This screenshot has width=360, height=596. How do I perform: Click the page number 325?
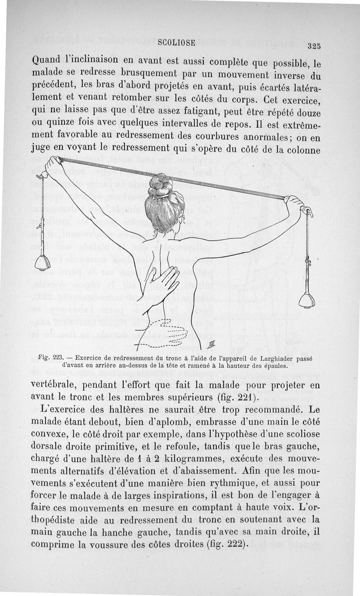coord(314,46)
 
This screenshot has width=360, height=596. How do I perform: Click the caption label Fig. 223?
coord(50,358)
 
